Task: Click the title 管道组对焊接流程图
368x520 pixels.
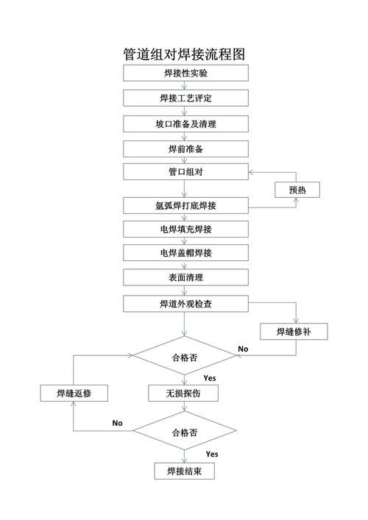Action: click(183, 54)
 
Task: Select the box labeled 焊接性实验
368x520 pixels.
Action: click(183, 73)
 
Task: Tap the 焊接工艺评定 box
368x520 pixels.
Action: click(183, 98)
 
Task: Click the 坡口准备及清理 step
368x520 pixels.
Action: click(183, 124)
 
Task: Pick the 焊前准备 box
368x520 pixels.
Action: click(183, 149)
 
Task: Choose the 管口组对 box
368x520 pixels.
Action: click(183, 174)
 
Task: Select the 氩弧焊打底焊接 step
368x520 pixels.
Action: click(183, 205)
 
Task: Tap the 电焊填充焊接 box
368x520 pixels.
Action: click(183, 229)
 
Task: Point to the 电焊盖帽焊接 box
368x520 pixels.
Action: click(183, 254)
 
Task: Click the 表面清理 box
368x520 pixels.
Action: click(183, 278)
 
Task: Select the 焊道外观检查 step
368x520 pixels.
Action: click(183, 303)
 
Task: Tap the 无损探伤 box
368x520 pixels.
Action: click(183, 393)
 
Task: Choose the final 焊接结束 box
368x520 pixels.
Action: click(183, 471)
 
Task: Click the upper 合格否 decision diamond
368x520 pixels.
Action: click(183, 357)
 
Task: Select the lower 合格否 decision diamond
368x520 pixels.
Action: click(183, 432)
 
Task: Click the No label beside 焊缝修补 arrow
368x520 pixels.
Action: click(243, 349)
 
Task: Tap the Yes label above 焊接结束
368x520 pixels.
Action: click(212, 454)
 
